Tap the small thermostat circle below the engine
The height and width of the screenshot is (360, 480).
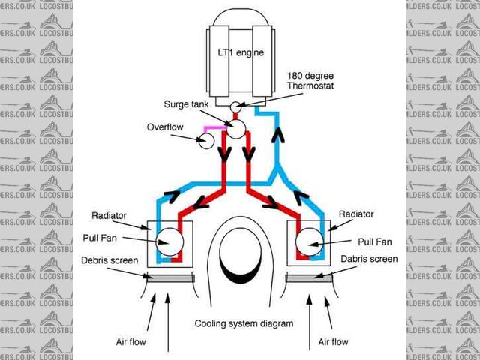pyautogui.click(x=235, y=107)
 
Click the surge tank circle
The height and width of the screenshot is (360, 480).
pyautogui.click(x=237, y=129)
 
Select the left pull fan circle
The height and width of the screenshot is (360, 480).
pyautogui.click(x=170, y=241)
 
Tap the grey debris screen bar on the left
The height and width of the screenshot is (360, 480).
pyautogui.click(x=170, y=279)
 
